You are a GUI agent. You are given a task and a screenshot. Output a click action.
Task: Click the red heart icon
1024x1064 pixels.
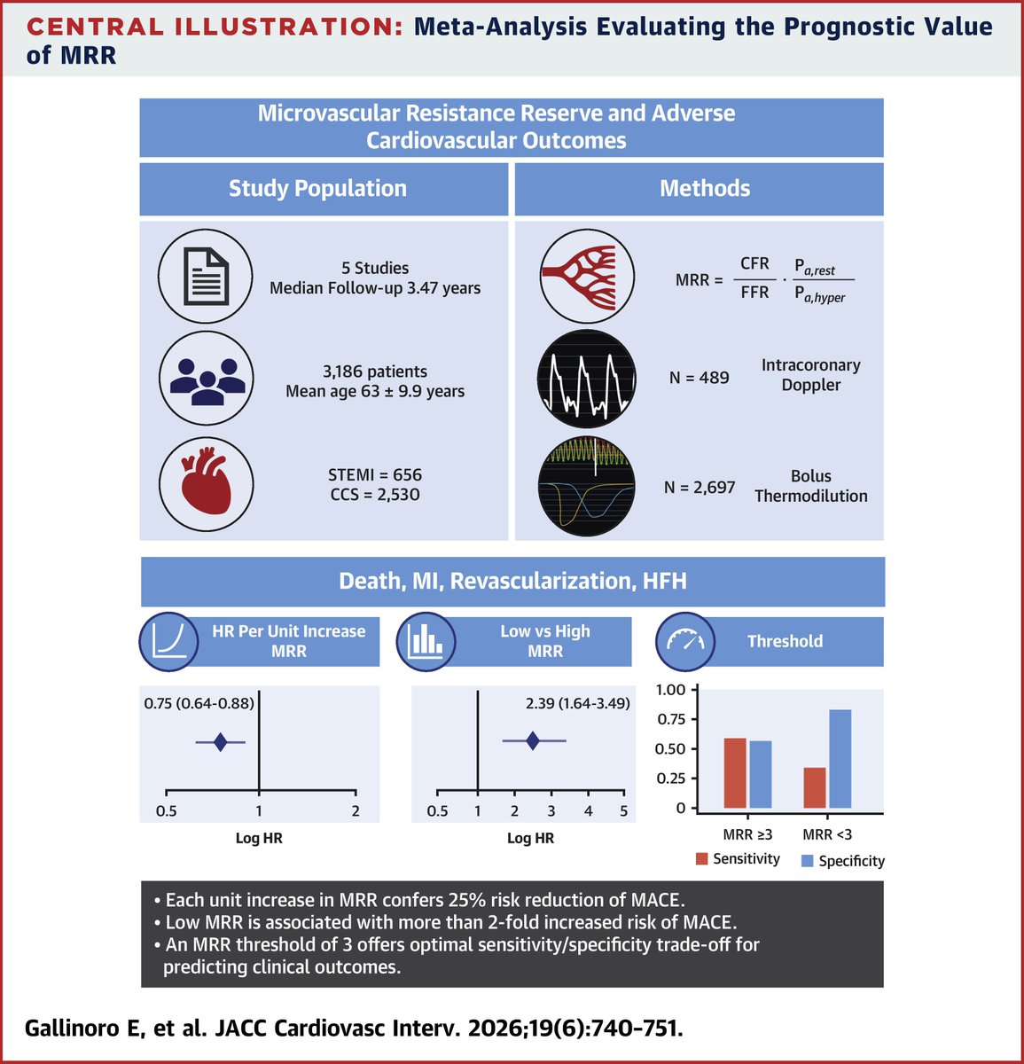click(206, 484)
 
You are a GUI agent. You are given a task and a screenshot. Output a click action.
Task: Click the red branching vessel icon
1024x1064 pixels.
click(586, 276)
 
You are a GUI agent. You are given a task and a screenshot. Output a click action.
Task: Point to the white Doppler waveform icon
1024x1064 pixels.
click(586, 379)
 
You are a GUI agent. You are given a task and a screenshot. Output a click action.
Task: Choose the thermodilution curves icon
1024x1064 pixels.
click(586, 484)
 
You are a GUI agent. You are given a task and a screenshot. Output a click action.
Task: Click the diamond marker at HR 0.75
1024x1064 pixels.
click(221, 742)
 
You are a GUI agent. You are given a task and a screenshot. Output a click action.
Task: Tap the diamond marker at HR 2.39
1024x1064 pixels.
click(532, 740)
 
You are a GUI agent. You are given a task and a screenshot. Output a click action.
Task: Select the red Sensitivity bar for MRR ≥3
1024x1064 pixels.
click(735, 772)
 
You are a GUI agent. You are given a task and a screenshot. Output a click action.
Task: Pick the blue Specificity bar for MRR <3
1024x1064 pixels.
click(840, 759)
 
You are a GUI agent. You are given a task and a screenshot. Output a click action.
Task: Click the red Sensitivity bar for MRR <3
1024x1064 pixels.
click(815, 787)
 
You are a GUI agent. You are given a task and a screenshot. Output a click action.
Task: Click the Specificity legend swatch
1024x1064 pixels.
click(807, 860)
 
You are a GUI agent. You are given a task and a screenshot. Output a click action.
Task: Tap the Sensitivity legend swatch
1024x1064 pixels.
click(702, 858)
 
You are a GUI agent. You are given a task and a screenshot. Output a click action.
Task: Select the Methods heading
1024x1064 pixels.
click(705, 188)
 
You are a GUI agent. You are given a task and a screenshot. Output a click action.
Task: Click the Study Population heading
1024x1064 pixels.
click(317, 188)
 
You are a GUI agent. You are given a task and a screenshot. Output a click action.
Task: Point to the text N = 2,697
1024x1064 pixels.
click(699, 486)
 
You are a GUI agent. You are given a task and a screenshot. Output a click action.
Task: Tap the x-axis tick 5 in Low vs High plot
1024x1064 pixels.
click(623, 811)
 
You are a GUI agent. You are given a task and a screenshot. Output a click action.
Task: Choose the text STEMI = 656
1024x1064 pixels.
click(375, 474)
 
